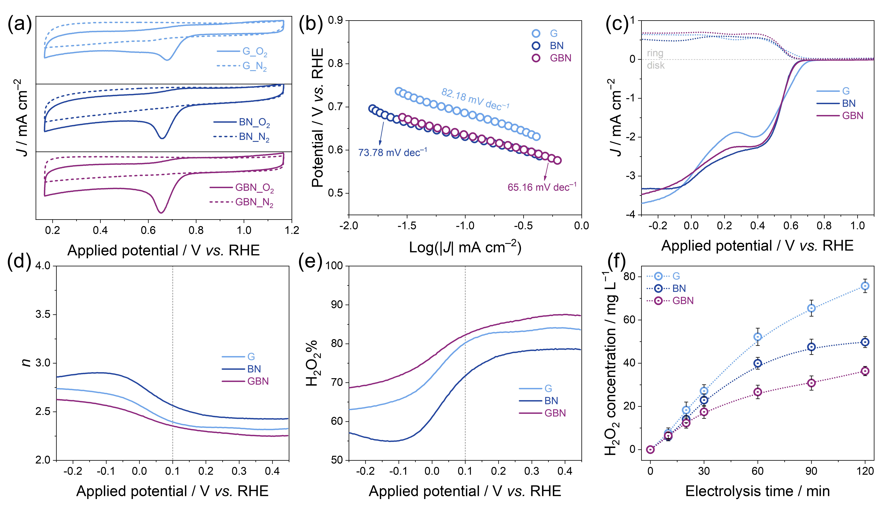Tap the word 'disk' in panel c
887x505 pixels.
coord(656,65)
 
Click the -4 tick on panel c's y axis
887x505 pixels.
coord(631,215)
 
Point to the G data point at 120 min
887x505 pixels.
coord(865,286)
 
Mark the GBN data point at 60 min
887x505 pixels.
coord(758,392)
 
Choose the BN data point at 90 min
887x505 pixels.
coord(811,347)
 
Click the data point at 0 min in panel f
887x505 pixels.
coord(650,449)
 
